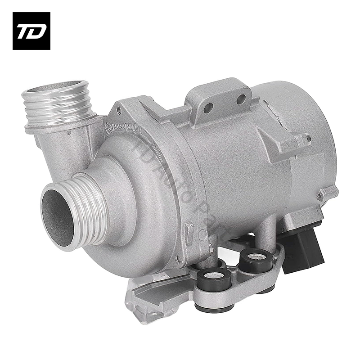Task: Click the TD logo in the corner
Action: pos(31,31)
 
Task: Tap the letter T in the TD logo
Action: pos(23,31)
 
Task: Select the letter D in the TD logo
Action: pos(37,31)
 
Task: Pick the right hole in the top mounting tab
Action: pos(241,99)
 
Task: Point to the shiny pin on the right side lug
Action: pos(309,137)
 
